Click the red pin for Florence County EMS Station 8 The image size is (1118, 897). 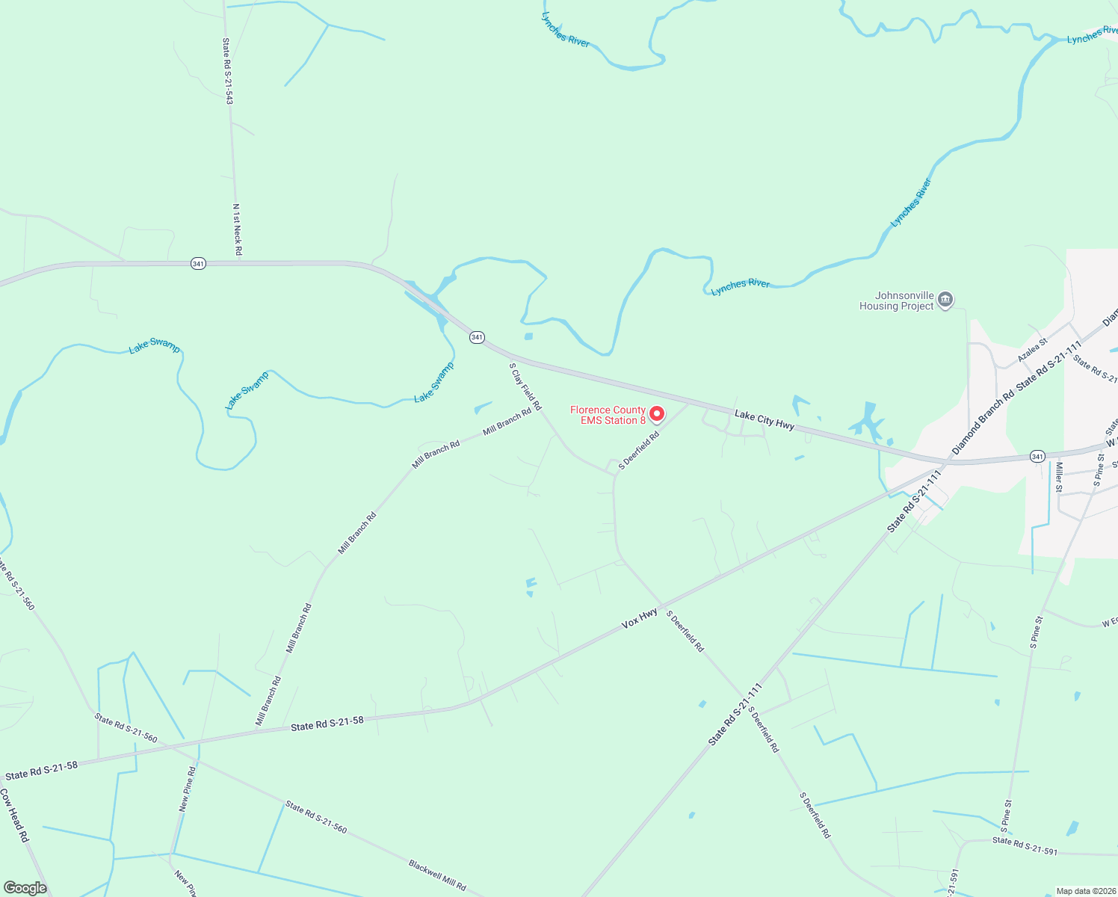pos(656,413)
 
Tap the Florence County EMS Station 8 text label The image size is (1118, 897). pos(608,415)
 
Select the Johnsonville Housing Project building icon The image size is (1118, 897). pos(945,300)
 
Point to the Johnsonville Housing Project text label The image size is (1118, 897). pos(896,300)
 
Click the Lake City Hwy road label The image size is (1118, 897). pos(764,419)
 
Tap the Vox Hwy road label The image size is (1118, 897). pos(640,618)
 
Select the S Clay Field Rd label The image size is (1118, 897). pos(525,386)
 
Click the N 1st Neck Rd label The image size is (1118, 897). pos(237,229)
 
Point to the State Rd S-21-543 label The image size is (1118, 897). pos(228,71)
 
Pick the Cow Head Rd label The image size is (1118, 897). pos(13,816)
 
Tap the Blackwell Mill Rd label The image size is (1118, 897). pos(437,875)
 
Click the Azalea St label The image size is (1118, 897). pos(1033,349)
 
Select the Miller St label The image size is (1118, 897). pos(1058,477)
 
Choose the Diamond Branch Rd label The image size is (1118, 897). pos(982,422)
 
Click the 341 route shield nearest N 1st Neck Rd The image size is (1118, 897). pos(198,264)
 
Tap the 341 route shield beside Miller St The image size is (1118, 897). pos(1037,456)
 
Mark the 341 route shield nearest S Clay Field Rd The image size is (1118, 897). pos(477,337)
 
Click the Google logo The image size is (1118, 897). pos(25,888)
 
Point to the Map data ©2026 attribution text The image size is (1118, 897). pos(1085,891)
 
